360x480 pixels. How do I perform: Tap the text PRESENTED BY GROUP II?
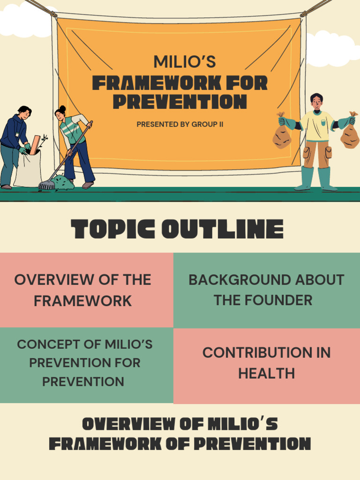[180, 124]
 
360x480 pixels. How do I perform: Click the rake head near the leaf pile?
[46, 185]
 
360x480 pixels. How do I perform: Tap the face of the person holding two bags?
[317, 102]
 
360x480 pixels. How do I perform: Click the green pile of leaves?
[62, 182]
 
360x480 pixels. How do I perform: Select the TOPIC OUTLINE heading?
[177, 230]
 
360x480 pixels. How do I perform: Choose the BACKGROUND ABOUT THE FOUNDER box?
[266, 290]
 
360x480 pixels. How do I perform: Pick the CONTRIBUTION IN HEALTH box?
[266, 363]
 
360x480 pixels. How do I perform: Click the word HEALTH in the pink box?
[266, 374]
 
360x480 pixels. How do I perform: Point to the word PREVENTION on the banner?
[180, 101]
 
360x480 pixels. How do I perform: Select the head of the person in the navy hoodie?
[24, 112]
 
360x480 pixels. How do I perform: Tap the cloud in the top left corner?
[21, 21]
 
